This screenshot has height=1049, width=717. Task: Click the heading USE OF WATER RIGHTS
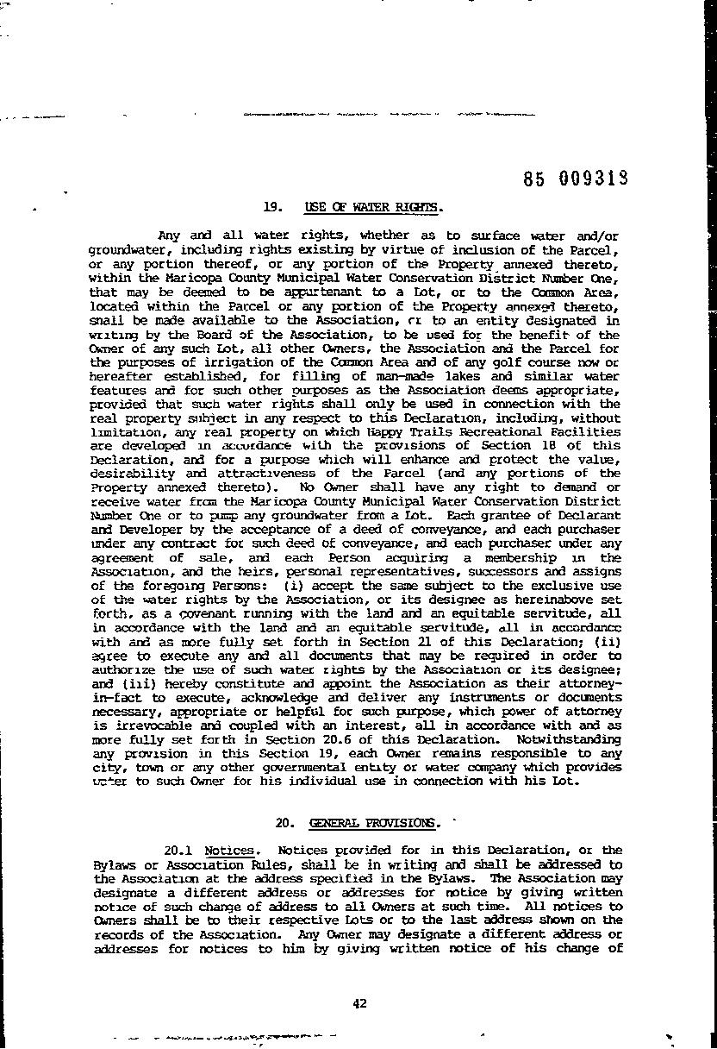[x=372, y=207]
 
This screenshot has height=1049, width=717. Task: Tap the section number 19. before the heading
[x=273, y=207]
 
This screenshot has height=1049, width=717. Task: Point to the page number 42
[x=360, y=1002]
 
